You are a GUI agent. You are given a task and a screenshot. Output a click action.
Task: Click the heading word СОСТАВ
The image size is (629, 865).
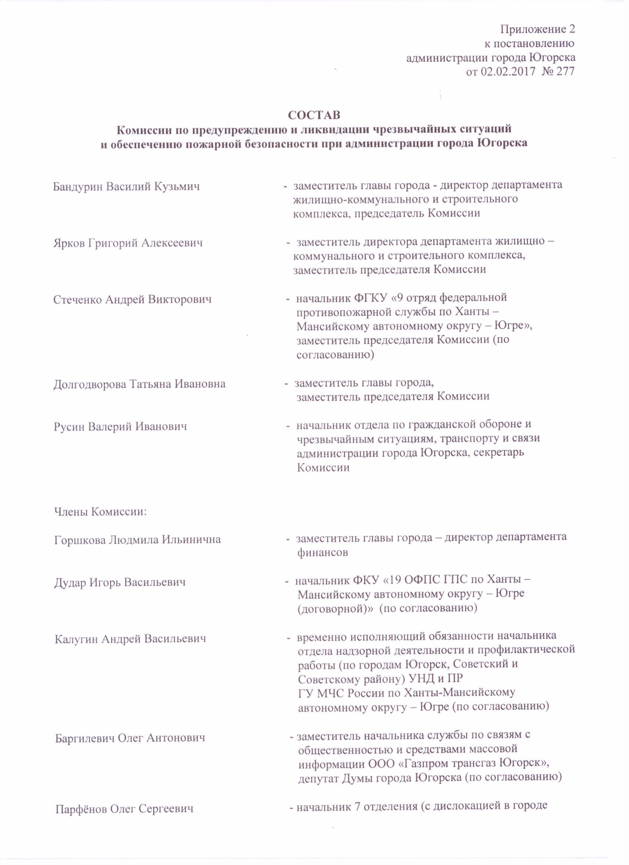[x=314, y=115]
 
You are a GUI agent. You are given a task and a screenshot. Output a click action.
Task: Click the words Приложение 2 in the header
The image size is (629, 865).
[x=538, y=29]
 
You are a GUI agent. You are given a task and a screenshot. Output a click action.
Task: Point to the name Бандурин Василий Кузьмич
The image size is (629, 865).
[x=126, y=186]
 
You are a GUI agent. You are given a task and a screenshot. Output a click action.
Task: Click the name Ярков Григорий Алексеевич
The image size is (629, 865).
[x=128, y=243]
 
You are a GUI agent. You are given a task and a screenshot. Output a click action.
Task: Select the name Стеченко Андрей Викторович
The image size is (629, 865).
[x=132, y=299]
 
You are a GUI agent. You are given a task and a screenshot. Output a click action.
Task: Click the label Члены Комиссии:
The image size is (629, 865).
[x=100, y=511]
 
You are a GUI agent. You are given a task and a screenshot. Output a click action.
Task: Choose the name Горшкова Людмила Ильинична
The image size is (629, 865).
[x=138, y=540]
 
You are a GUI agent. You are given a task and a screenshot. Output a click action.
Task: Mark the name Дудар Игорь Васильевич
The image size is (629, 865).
[x=120, y=582]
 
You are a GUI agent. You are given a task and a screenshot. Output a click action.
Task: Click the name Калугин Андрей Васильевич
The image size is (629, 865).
[x=131, y=639]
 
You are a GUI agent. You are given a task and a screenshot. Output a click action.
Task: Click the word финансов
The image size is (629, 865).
[x=322, y=552]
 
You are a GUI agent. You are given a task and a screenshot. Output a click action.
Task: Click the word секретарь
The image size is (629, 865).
[x=496, y=453]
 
